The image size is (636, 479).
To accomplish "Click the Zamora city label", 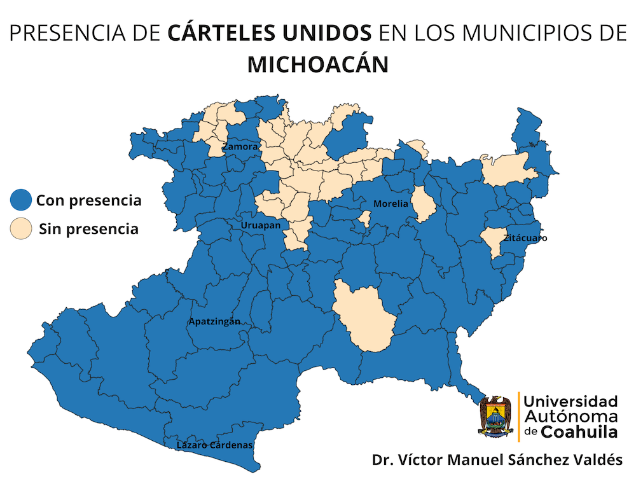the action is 240,147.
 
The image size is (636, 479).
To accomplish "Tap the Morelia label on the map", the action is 390,204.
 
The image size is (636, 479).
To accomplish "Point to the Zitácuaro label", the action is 525,239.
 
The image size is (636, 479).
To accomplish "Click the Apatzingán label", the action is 214,321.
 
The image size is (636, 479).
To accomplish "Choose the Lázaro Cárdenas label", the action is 214,445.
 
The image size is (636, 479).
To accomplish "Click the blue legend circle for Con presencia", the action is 22,201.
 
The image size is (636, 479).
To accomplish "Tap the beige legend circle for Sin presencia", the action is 22,229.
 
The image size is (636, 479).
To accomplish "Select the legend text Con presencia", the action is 88,201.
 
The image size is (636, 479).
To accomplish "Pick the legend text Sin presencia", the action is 88,229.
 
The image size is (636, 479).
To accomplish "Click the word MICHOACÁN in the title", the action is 318,65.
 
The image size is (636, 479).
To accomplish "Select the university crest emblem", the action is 495,416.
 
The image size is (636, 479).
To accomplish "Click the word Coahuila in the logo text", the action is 579,432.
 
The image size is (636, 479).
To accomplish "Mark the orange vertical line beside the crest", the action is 519,416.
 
